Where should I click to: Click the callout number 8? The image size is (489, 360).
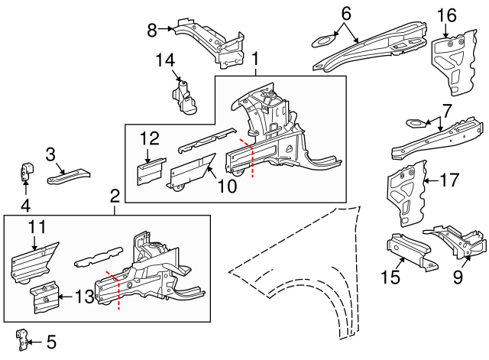(x=151, y=30)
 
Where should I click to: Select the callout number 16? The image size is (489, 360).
(x=446, y=15)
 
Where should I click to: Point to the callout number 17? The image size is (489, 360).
(x=450, y=181)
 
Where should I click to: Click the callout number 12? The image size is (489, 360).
(x=149, y=138)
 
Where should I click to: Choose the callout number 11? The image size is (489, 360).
(x=37, y=227)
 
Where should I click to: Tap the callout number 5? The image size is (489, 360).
(x=50, y=341)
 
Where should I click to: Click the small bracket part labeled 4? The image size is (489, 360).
(x=25, y=171)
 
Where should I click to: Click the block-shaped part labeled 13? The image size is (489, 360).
(x=45, y=297)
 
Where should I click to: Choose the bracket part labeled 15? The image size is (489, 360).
(x=408, y=251)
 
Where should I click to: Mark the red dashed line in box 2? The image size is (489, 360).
(x=117, y=290)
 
